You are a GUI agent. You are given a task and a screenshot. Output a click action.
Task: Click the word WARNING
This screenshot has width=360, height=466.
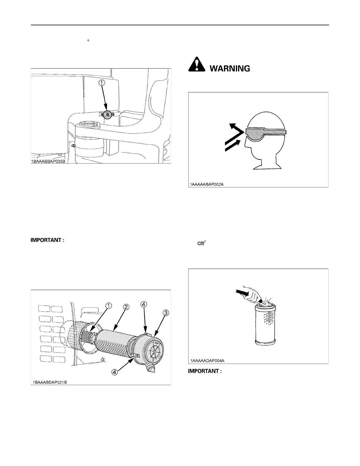tap(229, 69)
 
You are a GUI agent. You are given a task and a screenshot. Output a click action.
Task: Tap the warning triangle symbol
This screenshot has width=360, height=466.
tap(196, 64)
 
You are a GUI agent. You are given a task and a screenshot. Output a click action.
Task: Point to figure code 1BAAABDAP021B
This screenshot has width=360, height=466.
tap(50, 382)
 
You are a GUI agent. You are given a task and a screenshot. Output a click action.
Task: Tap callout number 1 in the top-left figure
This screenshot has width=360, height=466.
tap(101, 83)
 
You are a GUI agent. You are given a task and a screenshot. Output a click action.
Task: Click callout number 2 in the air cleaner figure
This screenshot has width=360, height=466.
tap(125, 307)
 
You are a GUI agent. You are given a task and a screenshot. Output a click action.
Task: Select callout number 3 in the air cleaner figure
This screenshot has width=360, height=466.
tap(166, 313)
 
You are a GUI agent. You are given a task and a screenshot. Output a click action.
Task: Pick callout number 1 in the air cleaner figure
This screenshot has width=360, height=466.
tap(108, 306)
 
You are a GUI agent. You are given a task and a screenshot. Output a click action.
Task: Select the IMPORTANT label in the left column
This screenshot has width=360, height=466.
tap(47, 240)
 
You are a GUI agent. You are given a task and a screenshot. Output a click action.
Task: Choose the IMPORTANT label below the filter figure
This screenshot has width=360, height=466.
tap(204, 371)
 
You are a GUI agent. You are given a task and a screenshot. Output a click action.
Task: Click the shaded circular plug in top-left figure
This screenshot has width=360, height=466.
tap(108, 115)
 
